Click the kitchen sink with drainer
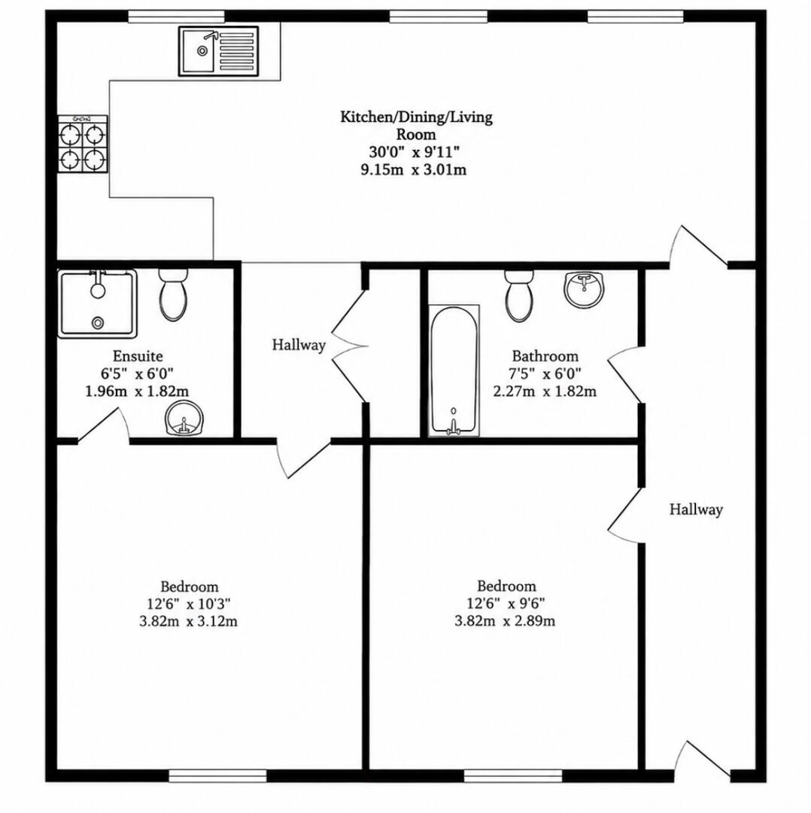(219, 51)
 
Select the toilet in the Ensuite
(173, 294)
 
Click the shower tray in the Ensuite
(97, 303)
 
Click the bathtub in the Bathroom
(454, 370)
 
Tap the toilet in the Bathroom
(519, 296)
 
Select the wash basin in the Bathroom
(585, 289)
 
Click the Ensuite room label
(138, 356)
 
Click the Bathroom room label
(545, 356)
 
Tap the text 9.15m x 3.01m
(414, 169)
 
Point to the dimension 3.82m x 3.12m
(189, 620)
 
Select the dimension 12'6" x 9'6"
(506, 603)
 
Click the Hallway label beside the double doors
(299, 345)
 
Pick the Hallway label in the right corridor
(696, 509)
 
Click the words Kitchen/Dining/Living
(416, 117)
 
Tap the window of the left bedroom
(217, 775)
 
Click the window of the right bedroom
(513, 775)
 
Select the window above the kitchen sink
(176, 17)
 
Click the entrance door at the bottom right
(703, 762)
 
